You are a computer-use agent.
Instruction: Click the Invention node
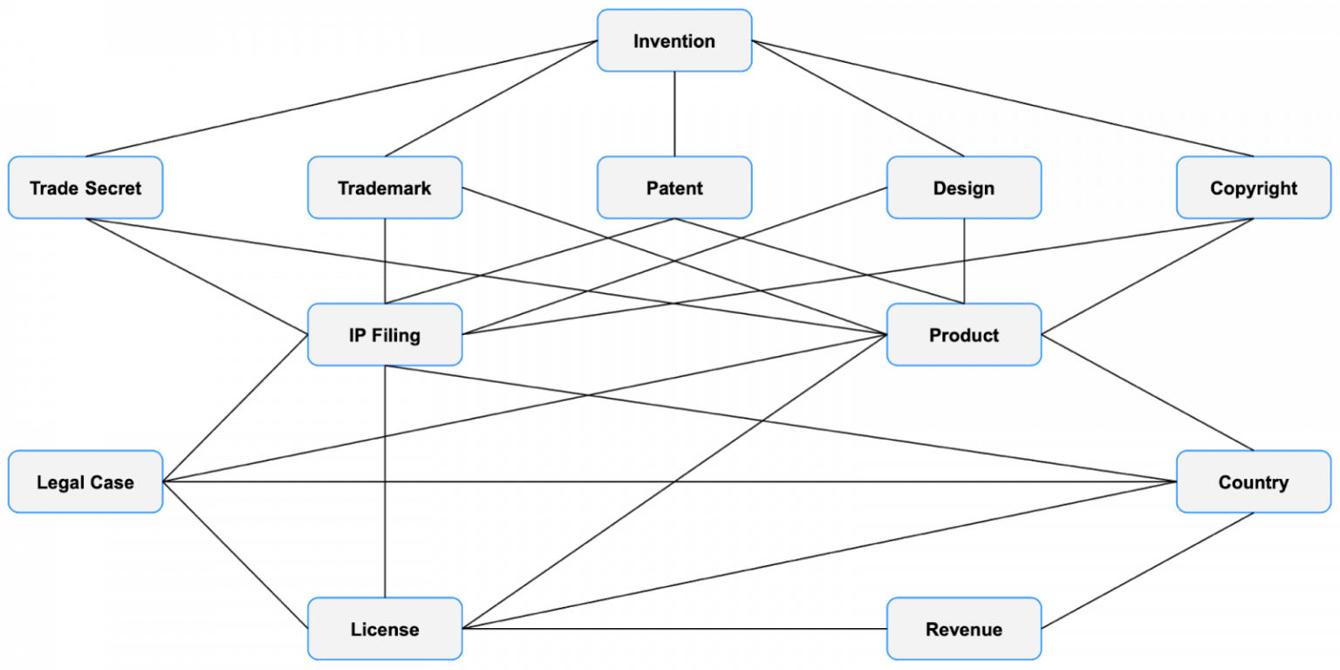[x=673, y=41]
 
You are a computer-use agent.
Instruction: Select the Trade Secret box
[x=85, y=188]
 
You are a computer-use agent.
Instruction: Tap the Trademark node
[x=385, y=188]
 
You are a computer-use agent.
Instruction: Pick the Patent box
[x=673, y=188]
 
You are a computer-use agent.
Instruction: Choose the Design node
[x=963, y=188]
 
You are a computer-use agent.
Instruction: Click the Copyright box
[x=1253, y=188]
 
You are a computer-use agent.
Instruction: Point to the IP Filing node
[x=385, y=335]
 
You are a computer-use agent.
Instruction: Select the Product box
[x=963, y=335]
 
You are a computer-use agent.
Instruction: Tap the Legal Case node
[x=85, y=482]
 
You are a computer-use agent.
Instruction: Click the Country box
[x=1253, y=482]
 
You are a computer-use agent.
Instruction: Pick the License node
[x=385, y=629]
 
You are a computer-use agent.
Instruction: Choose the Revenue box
[x=963, y=629]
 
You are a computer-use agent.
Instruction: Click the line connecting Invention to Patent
[x=673, y=113]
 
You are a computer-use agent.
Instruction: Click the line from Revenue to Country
[x=1148, y=571]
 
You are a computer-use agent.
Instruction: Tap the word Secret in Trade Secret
[x=111, y=188]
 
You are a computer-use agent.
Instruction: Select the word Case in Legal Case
[x=114, y=482]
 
